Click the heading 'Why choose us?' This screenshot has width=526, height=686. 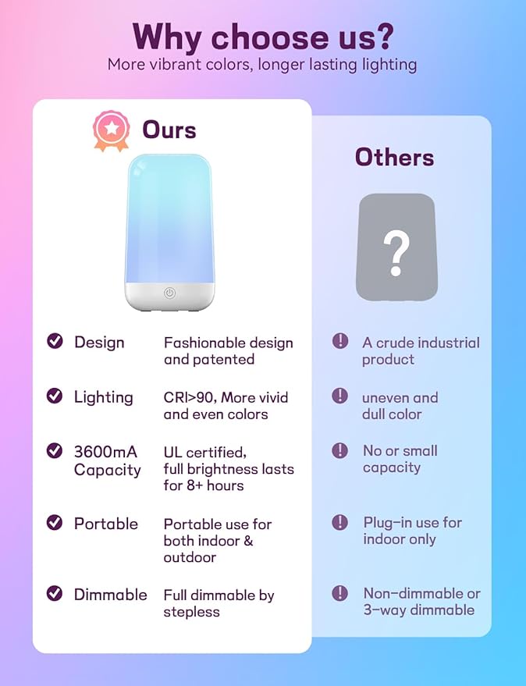coord(262,36)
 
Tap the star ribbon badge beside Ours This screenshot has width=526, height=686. coord(111,130)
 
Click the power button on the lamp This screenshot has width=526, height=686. coord(169,293)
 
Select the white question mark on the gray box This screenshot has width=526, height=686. coord(396,251)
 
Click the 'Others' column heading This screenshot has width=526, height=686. coord(394,158)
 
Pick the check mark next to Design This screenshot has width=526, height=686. coord(55,341)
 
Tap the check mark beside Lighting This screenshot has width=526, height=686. coord(55,396)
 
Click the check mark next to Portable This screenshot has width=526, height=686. coord(55,523)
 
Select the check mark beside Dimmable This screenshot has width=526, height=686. coord(55,593)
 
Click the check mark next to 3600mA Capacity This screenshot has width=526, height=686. coord(55,450)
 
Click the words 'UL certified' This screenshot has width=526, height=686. coord(204,452)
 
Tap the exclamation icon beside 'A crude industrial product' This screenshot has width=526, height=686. coord(340,341)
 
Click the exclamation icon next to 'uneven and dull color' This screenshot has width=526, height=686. coord(340,396)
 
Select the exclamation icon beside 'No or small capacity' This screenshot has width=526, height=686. coord(340,450)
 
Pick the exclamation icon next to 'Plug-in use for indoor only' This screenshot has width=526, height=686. coord(340,521)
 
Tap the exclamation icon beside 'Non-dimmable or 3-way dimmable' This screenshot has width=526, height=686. coord(340,593)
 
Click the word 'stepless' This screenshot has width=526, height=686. coord(191,612)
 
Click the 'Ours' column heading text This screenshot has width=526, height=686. coord(169,130)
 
